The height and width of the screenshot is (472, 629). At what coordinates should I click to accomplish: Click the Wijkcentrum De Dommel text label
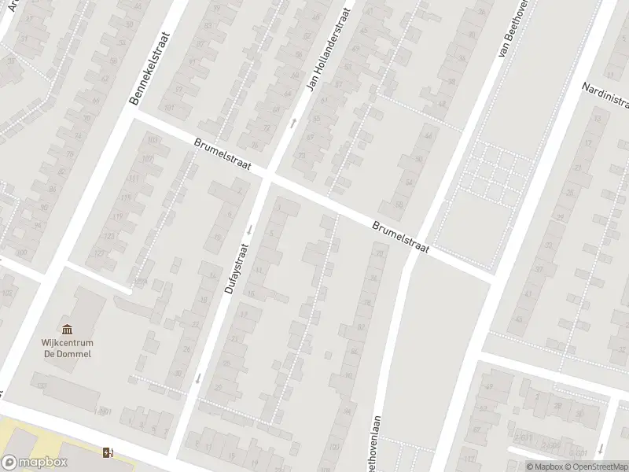pos(67,348)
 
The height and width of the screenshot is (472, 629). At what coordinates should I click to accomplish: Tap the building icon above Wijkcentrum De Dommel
pos(67,329)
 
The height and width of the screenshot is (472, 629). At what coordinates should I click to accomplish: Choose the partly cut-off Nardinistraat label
pos(605,97)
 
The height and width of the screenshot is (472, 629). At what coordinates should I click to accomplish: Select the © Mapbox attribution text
pos(543,466)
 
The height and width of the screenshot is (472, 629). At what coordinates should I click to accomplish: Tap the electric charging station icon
pos(108,452)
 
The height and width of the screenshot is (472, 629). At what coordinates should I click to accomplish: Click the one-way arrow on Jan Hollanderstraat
pos(294,122)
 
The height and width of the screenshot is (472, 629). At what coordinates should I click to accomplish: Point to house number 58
pos(399,205)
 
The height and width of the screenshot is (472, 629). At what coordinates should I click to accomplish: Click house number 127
pos(100,253)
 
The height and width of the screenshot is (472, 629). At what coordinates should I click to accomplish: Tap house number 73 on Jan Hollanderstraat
pos(303,156)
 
